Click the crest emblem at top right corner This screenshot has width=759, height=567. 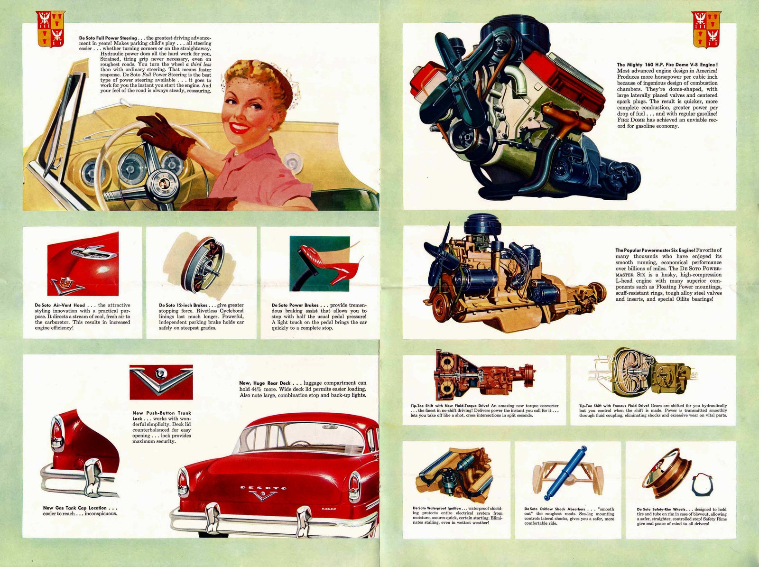(x=706, y=29)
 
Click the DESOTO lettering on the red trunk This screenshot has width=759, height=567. (x=263, y=487)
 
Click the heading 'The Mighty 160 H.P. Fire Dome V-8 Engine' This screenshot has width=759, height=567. (x=667, y=65)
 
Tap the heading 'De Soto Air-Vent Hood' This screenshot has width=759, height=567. (x=60, y=305)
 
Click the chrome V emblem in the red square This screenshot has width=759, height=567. (x=161, y=376)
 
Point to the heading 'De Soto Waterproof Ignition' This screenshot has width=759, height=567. (x=436, y=508)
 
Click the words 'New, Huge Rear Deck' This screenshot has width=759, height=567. (x=265, y=383)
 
